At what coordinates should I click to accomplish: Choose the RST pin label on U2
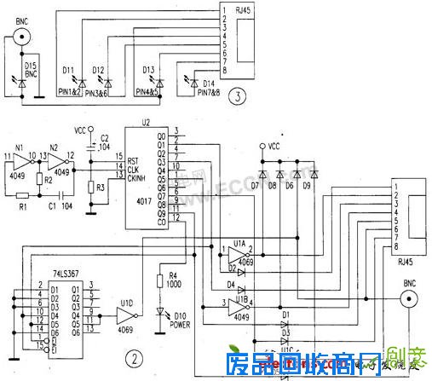134,160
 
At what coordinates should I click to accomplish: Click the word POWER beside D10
181,325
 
